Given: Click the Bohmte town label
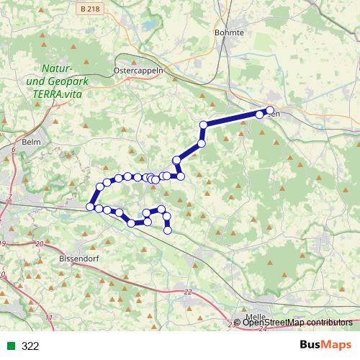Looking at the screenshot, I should [x=229, y=32].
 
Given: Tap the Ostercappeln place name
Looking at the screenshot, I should [x=140, y=71].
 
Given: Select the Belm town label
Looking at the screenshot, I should [x=30, y=143].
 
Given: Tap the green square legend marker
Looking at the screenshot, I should [x=11, y=346].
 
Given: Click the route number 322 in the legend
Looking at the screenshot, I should [x=30, y=346].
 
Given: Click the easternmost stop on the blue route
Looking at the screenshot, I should [x=269, y=110].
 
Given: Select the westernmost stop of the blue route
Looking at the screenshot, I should [x=90, y=207].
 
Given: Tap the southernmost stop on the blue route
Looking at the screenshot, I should [x=168, y=230].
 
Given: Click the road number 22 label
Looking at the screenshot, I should [x=188, y=292].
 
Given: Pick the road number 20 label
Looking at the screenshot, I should [x=39, y=245].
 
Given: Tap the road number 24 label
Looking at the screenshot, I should [x=262, y=328].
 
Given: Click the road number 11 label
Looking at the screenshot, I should [x=48, y=318].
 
